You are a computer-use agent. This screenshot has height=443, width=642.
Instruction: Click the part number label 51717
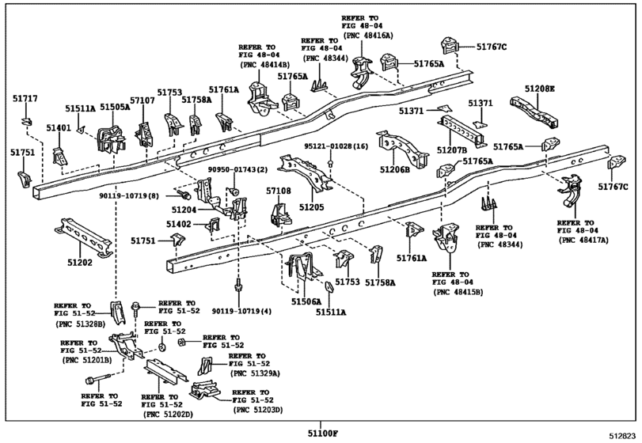coord(25,99)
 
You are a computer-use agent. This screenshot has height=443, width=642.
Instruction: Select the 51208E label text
coord(540,89)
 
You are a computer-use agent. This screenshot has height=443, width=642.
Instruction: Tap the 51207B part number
coord(452,150)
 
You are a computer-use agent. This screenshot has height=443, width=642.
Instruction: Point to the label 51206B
coord(395,169)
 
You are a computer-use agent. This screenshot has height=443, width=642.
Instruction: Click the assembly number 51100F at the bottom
coord(323,434)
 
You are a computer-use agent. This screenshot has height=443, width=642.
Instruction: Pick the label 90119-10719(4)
coord(242,311)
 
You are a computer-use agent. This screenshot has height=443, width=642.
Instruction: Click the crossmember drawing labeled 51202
coord(84,237)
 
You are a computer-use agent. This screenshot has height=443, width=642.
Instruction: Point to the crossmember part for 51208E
coord(534,111)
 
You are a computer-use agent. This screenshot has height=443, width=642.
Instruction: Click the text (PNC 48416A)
coord(367,36)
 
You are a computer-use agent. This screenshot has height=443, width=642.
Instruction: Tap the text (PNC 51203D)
coord(257,410)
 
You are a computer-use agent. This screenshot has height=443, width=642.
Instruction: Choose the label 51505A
coord(115,107)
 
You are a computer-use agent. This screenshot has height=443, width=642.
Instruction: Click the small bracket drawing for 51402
coord(215,224)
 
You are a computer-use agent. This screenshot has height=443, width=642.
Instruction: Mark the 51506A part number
coord(306,301)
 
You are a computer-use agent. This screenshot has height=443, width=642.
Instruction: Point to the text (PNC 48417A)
coord(583,240)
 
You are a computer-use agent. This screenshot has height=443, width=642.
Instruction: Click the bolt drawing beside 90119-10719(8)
coord(183,194)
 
